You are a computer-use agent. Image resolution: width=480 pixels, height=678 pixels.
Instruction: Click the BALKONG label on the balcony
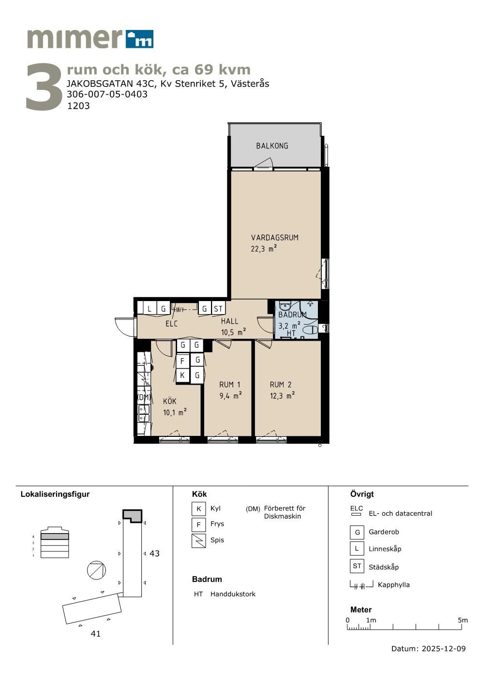[x=272, y=146]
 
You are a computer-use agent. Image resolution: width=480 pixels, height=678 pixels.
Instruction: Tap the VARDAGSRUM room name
[x=274, y=238]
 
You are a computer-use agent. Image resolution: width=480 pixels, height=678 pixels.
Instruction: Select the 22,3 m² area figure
[x=264, y=248]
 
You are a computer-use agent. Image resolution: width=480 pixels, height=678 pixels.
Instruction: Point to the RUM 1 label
[x=230, y=385]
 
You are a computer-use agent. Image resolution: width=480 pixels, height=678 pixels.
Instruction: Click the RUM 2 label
[x=281, y=385]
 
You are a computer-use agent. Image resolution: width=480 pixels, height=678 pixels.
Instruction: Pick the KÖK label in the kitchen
[x=170, y=402]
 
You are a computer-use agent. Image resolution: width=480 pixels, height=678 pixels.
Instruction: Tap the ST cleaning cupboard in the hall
[x=218, y=309]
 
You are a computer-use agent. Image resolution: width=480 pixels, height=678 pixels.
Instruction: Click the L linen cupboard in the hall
[x=150, y=309]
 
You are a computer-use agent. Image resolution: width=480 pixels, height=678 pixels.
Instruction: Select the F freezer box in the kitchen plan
[x=182, y=361]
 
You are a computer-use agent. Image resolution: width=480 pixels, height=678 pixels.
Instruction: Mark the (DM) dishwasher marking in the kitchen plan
[x=144, y=397]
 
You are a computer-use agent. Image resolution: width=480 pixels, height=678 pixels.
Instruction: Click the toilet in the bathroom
[x=310, y=330]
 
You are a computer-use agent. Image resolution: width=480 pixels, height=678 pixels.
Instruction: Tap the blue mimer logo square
[x=140, y=39]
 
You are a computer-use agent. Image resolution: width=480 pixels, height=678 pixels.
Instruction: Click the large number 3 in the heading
[x=44, y=87]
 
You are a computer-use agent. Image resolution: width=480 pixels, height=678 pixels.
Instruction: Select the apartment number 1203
[x=78, y=106]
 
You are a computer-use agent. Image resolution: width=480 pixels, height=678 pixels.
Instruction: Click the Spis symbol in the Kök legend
[x=199, y=541]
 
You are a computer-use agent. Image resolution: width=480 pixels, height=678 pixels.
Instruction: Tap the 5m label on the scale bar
[x=463, y=620]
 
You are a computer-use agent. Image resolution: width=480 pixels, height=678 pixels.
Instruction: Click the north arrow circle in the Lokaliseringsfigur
[x=96, y=570]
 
